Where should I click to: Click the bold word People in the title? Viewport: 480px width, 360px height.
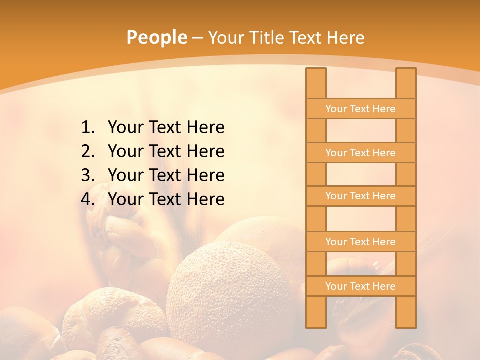coord(156,37)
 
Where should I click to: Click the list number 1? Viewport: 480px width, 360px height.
coord(87,128)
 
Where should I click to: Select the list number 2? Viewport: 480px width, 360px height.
coord(87,151)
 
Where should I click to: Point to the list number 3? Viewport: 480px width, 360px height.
coord(87,175)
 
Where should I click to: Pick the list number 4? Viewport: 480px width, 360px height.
coord(87,199)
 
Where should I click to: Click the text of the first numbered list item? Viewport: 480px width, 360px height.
coord(166,128)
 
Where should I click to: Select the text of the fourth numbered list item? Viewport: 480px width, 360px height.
coord(166,199)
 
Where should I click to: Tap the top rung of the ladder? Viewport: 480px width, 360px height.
coord(360,109)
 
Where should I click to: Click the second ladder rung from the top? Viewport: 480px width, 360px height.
coord(360,153)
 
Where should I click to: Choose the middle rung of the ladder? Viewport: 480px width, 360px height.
coord(360,196)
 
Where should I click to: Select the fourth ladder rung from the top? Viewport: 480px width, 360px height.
coord(360,242)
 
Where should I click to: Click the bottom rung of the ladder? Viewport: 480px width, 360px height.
coord(360,286)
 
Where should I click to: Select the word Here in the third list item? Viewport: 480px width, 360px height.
coord(205,175)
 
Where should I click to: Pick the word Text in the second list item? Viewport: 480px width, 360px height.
coord(165,151)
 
